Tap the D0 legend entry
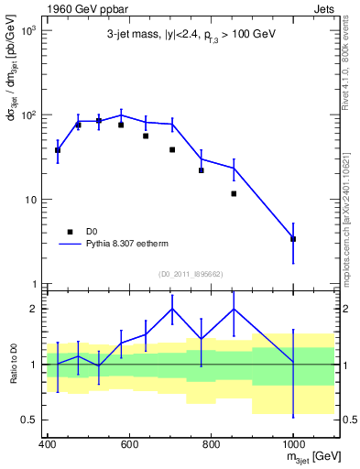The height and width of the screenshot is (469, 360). coord(93,232)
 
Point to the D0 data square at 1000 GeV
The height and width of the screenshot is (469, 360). coord(293,239)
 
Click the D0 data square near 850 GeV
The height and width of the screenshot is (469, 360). coord(235,193)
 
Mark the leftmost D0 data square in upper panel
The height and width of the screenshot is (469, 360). coord(58,150)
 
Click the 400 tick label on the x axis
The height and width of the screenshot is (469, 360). coord(48,444)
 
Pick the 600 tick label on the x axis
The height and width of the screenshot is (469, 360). coord(129,444)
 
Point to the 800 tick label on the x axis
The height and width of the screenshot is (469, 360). coord(211,444)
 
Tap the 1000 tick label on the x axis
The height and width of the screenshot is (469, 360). coord(293,444)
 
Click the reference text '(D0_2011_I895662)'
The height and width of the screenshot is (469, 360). coord(191,274)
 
